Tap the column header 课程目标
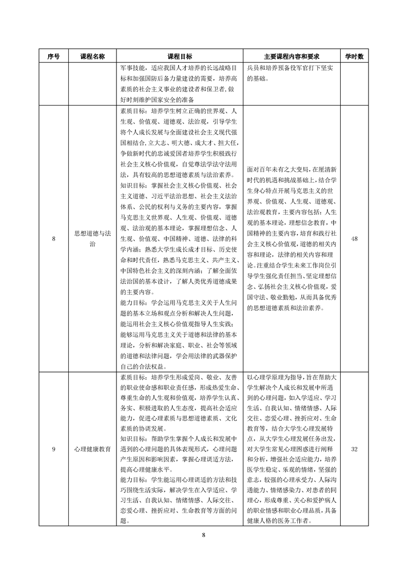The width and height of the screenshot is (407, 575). (x=180, y=56)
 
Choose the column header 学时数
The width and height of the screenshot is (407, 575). (x=354, y=56)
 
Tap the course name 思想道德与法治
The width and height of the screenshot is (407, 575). (x=92, y=238)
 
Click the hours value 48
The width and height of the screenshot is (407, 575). (x=354, y=238)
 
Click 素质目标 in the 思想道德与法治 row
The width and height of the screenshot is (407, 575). (x=132, y=111)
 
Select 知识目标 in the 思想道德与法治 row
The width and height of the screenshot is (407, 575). (x=132, y=186)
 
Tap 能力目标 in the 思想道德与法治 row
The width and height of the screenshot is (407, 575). (x=132, y=302)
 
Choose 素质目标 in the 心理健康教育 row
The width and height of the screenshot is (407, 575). (x=132, y=378)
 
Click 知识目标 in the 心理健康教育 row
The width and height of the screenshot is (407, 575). (x=132, y=440)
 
